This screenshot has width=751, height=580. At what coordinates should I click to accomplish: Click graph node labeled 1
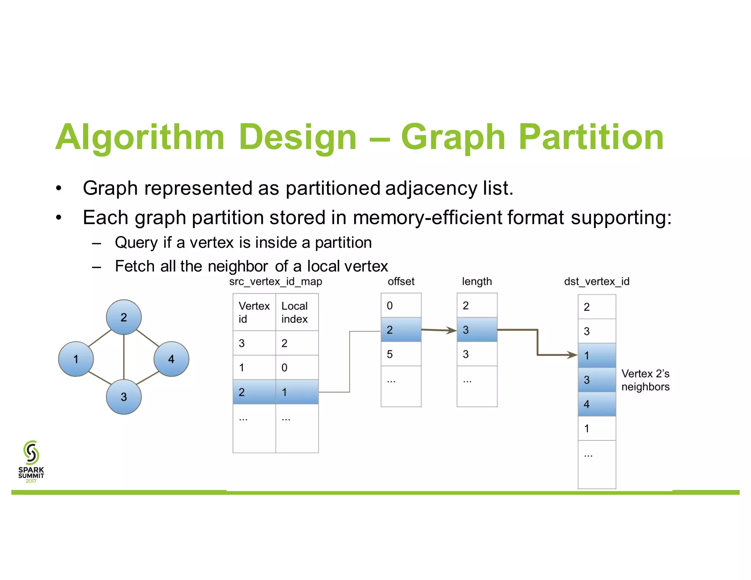(76, 359)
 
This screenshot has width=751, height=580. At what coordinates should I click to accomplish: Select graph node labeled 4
(171, 359)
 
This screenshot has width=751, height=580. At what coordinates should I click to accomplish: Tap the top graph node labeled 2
(124, 317)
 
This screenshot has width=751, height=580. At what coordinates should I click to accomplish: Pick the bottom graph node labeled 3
(124, 397)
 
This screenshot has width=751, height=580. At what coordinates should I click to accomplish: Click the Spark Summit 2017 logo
(31, 462)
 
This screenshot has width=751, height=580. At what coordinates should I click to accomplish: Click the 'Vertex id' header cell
(254, 312)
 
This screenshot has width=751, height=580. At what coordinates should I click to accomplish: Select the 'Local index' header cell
(297, 312)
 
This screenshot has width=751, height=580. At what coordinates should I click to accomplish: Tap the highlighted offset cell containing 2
(401, 330)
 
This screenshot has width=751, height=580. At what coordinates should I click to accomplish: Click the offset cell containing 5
(401, 354)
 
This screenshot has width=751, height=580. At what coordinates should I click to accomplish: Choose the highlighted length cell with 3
(477, 330)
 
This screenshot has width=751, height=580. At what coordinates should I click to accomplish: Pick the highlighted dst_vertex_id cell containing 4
(597, 404)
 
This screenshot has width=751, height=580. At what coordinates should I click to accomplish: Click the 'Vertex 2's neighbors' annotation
(645, 380)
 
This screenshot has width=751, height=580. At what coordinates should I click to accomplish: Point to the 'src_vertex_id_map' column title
(275, 282)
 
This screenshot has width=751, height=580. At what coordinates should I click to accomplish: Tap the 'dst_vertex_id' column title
(597, 282)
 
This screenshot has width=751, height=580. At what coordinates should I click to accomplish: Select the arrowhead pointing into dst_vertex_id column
(572, 355)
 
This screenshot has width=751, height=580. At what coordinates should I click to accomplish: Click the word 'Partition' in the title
(591, 137)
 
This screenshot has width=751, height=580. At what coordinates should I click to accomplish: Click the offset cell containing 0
(401, 305)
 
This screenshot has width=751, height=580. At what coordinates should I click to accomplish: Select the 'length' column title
(477, 282)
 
